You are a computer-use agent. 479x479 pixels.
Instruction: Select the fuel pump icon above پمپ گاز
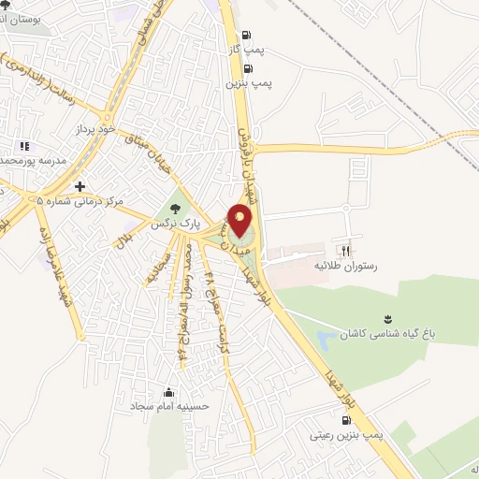(245, 36)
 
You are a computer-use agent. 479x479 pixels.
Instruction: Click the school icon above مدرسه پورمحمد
(23, 146)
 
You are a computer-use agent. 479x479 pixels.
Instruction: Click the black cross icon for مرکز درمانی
(81, 186)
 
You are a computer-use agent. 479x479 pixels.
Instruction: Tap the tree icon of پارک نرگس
(174, 208)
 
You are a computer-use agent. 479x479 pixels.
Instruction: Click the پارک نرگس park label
(173, 224)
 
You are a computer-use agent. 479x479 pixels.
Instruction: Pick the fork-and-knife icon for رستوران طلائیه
(345, 251)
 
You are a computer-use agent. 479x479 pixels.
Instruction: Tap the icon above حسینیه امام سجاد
(168, 393)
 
